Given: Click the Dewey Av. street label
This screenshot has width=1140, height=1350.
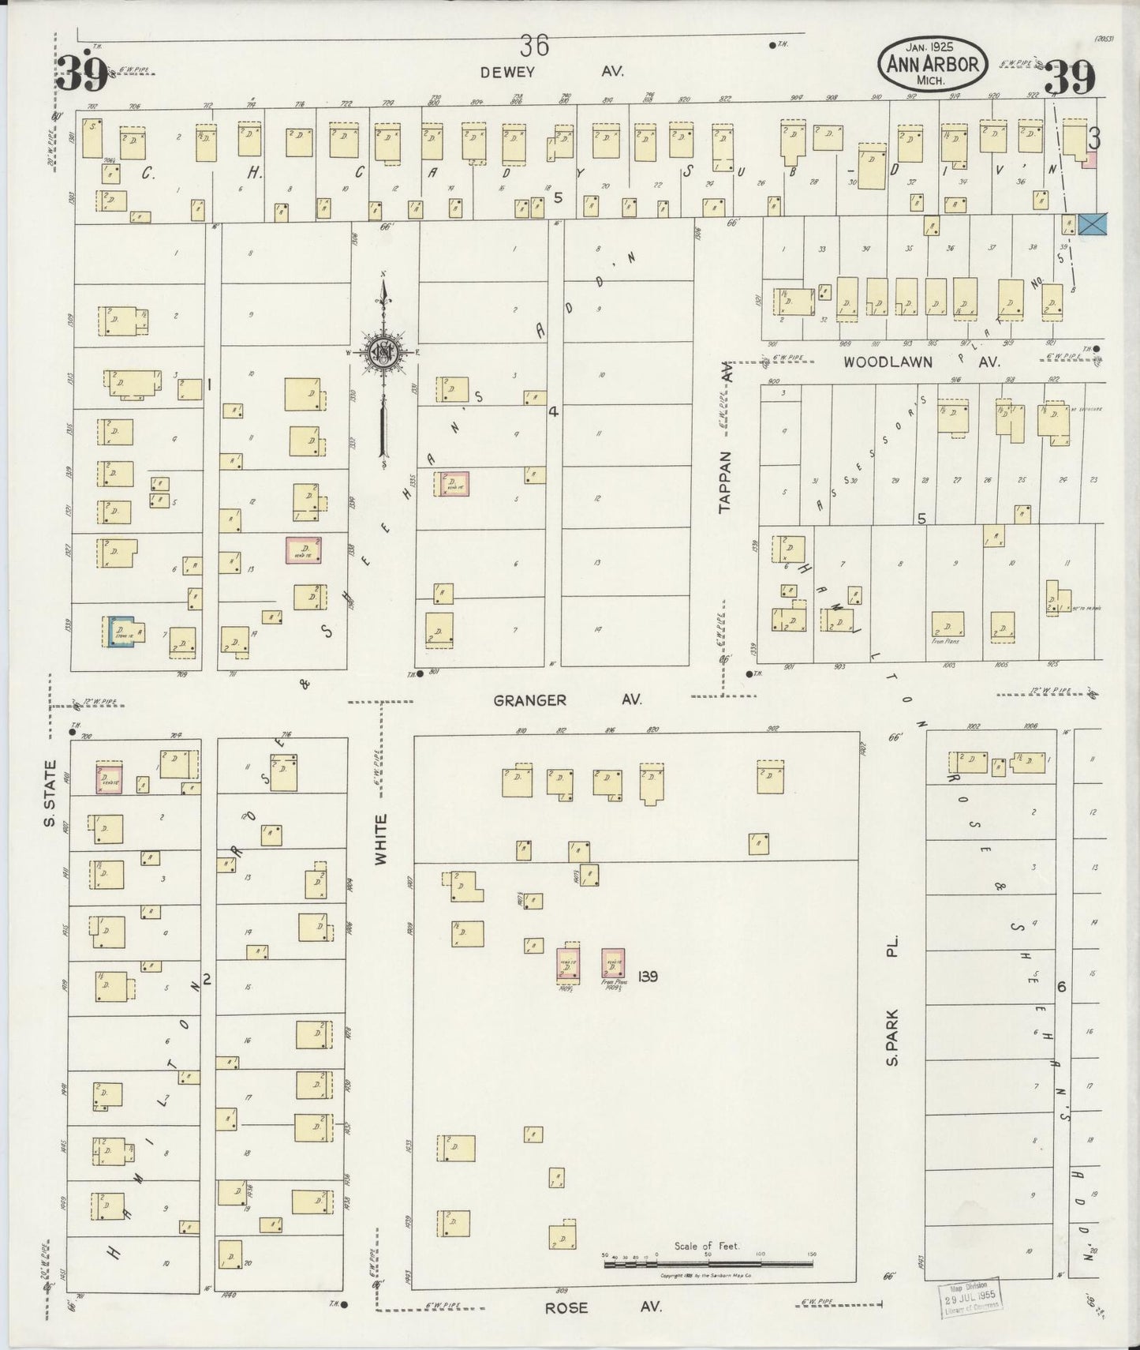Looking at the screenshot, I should (x=552, y=72).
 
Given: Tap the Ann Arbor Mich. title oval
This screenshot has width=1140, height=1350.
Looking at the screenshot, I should (x=933, y=65).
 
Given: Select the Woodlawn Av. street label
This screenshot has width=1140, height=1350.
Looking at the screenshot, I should (x=921, y=362).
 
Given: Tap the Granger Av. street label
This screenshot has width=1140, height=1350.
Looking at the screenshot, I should (x=567, y=700).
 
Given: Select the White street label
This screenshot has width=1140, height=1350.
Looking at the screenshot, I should (x=383, y=840).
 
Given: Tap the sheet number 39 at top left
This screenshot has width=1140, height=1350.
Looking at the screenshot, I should (x=83, y=75).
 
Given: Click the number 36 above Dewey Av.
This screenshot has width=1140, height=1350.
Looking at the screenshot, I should (x=534, y=47).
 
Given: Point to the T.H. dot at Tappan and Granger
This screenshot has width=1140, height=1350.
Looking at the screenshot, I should (x=748, y=674).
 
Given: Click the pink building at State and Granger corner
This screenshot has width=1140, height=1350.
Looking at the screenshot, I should (x=108, y=778).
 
